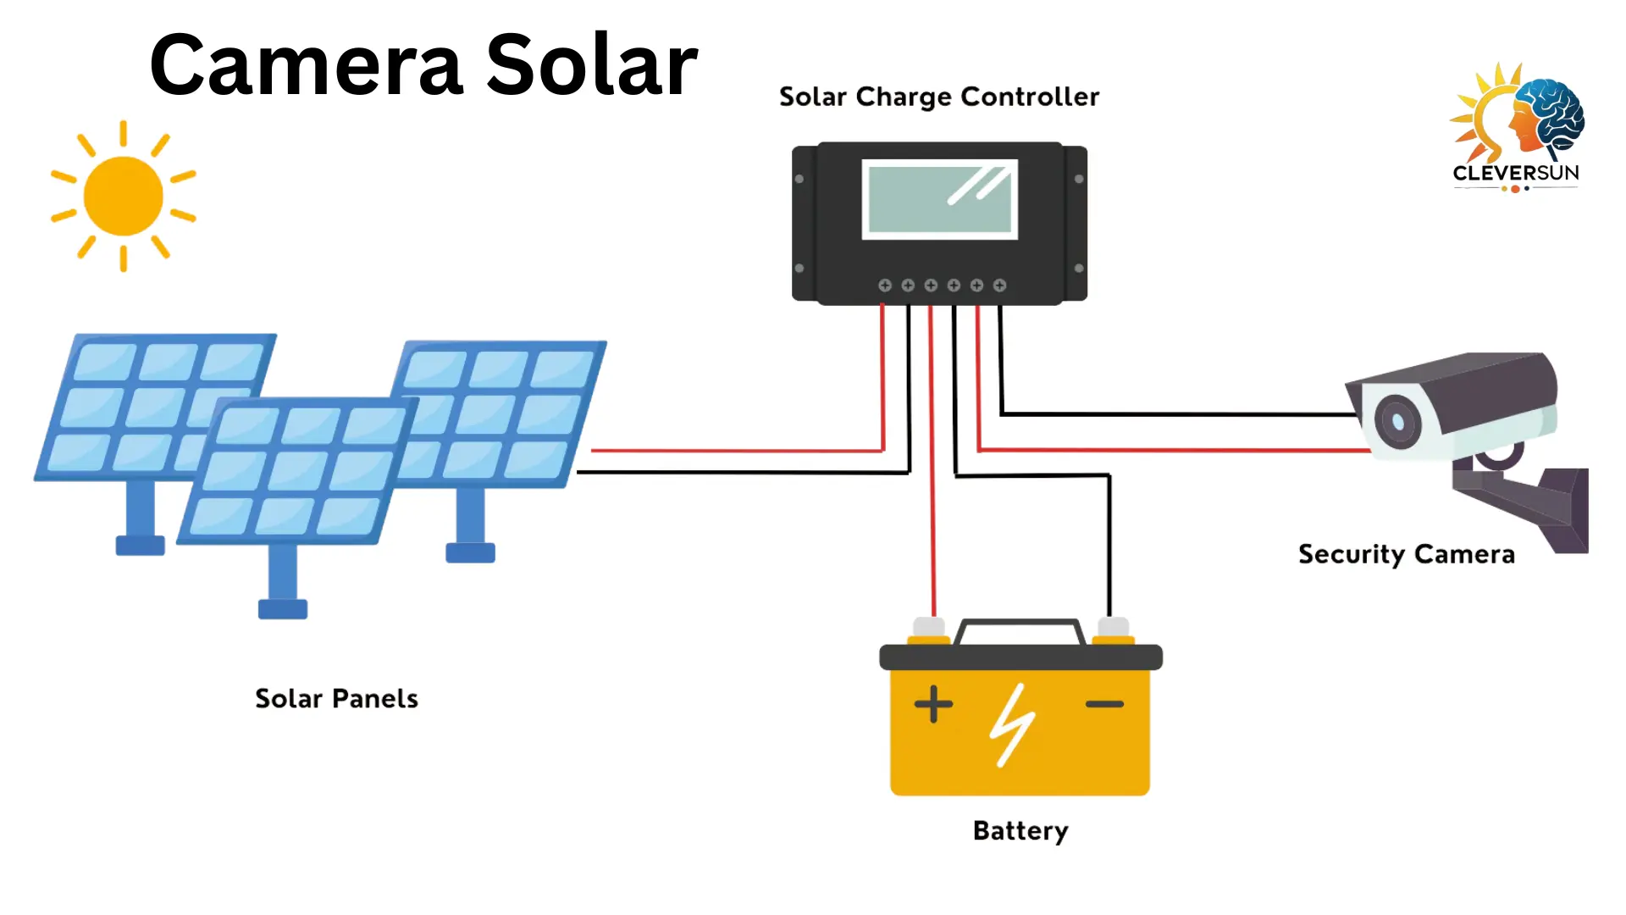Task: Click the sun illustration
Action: tap(124, 196)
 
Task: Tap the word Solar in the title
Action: tap(591, 65)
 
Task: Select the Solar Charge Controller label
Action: tap(938, 97)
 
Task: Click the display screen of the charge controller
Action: tap(939, 199)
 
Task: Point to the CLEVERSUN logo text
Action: tap(1515, 173)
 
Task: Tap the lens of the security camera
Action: tap(1396, 421)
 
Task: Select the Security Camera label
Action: tap(1406, 554)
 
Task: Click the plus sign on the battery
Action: tap(933, 704)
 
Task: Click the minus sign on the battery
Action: tap(1104, 704)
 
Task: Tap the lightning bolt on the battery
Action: tap(1012, 725)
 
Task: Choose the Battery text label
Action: tap(1020, 831)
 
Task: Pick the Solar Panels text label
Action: tap(336, 699)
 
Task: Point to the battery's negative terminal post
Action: tap(1113, 629)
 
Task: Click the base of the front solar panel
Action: tap(283, 608)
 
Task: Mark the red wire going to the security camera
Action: tap(1186, 450)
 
